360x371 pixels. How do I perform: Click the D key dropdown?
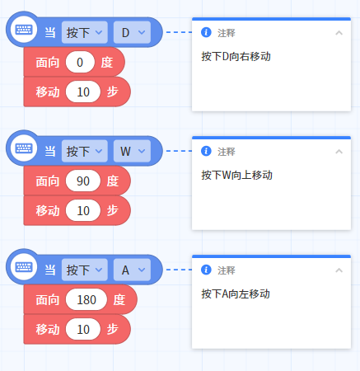(x=132, y=32)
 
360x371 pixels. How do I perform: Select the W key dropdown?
(x=132, y=151)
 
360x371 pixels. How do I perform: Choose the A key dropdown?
(x=132, y=270)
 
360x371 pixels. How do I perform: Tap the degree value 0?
(x=80, y=62)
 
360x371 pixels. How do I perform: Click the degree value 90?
(x=83, y=181)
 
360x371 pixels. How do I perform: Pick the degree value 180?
(x=86, y=299)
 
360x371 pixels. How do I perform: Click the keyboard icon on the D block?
(x=24, y=30)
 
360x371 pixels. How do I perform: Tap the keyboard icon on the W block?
(x=24, y=148)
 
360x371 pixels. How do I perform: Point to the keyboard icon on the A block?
(x=24, y=267)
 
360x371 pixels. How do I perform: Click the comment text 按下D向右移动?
(x=236, y=56)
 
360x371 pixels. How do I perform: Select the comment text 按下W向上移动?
(x=236, y=175)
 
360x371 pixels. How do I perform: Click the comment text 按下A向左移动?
(x=236, y=294)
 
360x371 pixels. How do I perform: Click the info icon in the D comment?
(x=206, y=32)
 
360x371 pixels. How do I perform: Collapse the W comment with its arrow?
(x=339, y=152)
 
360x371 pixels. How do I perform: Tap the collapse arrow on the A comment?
(x=339, y=270)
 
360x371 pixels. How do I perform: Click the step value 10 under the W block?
(x=83, y=210)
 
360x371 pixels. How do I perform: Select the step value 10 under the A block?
(x=83, y=329)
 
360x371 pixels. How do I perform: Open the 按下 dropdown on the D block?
(x=85, y=32)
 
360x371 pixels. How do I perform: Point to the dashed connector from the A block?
(x=179, y=270)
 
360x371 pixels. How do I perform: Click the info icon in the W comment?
(x=206, y=151)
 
